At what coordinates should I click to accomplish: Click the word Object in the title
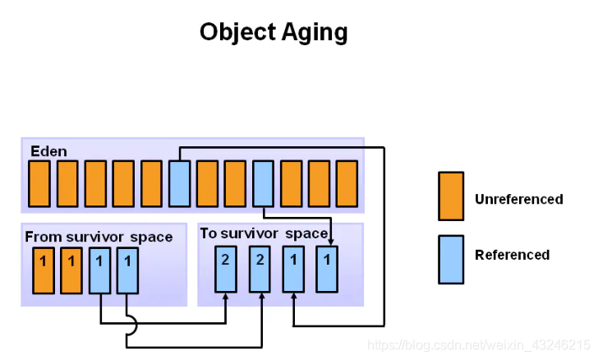pos(238,32)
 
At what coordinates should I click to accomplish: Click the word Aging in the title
pos(315,33)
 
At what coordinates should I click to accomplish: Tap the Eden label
pos(48,151)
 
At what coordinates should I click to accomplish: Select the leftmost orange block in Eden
pos(39,184)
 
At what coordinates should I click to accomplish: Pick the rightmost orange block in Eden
pos(347,184)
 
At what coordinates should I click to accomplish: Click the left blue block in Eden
pos(179,184)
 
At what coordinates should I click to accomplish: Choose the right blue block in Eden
pos(263,184)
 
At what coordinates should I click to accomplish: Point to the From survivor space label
pos(99,237)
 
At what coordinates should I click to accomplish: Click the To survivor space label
pos(264,233)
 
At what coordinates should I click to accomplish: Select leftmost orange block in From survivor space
pos(44,270)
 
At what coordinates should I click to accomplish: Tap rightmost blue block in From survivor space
pos(127,270)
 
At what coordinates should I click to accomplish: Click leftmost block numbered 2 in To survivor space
pos(226,270)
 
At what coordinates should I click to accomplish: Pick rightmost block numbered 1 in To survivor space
pos(327,270)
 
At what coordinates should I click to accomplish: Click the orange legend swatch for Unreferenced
pos(451,196)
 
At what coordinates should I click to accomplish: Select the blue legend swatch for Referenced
pos(451,260)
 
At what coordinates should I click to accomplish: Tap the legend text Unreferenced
pos(518,199)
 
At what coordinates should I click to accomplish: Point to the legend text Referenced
pos(513,255)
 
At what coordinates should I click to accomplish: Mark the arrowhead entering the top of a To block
pos(331,242)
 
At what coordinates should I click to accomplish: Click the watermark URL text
pos(479,345)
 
